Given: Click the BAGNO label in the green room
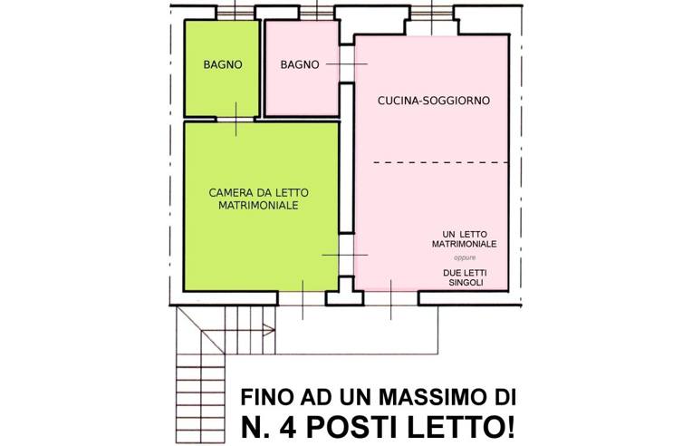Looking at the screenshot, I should click(x=222, y=64).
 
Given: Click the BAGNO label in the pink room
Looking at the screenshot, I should click(x=299, y=64).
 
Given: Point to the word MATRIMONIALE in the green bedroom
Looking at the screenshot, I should click(x=259, y=206).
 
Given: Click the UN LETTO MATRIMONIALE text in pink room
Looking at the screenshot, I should click(x=463, y=240).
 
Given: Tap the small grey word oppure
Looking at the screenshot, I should click(x=464, y=257).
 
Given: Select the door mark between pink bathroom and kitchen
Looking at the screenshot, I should click(x=340, y=64).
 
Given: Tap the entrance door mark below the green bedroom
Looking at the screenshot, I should click(x=303, y=299).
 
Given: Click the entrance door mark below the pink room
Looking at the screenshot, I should click(x=391, y=299).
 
